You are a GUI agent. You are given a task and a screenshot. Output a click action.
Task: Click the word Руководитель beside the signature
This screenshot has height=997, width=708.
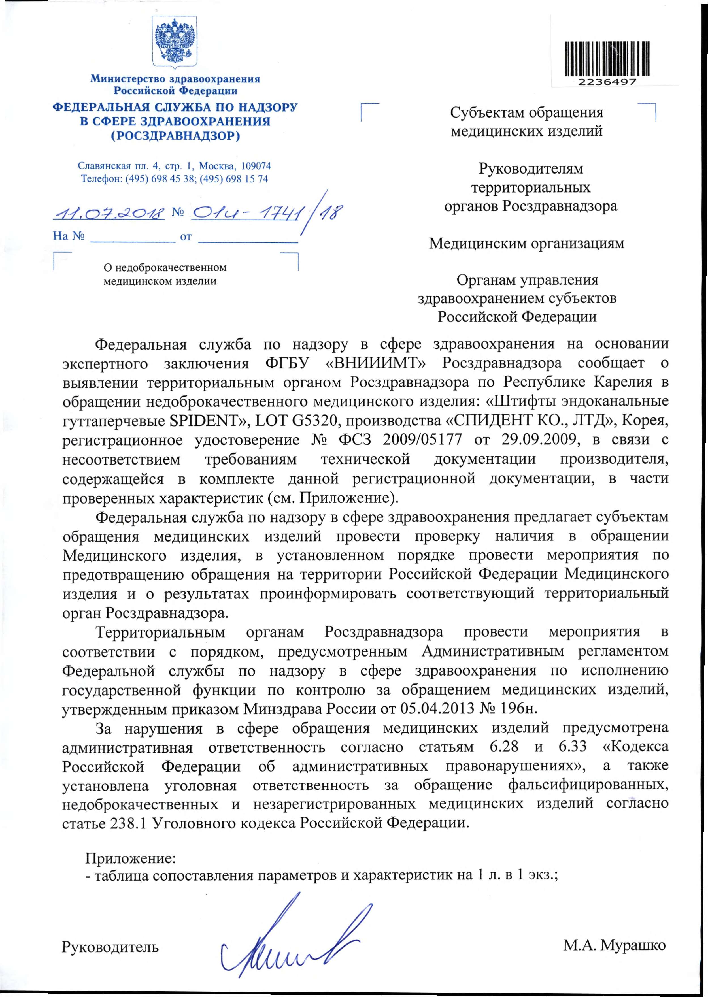(x=110, y=947)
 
